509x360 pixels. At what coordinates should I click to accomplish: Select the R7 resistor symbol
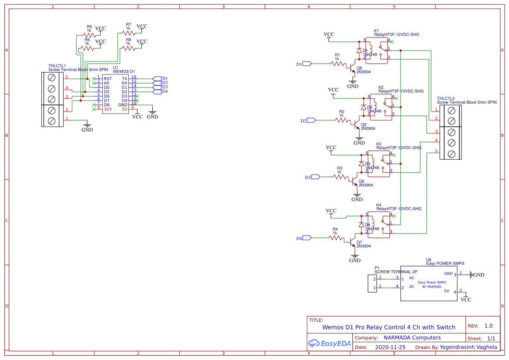(x=128, y=33)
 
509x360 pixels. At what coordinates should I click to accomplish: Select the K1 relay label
(x=377, y=30)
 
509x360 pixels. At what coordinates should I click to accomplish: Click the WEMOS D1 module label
(x=124, y=71)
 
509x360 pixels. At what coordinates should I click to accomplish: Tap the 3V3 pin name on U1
(x=107, y=109)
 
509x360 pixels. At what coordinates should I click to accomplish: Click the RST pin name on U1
(x=107, y=79)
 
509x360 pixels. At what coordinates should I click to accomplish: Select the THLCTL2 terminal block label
(x=446, y=98)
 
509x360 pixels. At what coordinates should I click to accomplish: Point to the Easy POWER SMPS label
(x=445, y=263)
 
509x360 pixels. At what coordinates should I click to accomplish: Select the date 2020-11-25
(x=390, y=347)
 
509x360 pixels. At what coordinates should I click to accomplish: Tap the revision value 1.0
(x=488, y=326)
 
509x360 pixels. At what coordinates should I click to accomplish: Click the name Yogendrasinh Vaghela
(x=468, y=347)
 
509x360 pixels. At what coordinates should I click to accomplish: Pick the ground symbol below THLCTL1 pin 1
(x=87, y=127)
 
